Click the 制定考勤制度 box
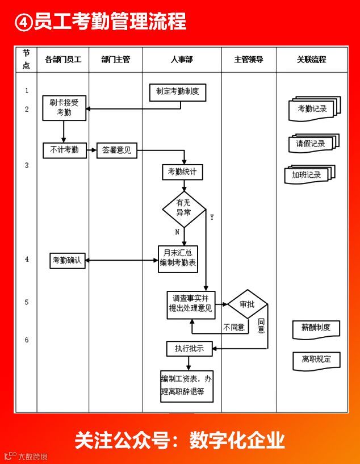coord(177,92)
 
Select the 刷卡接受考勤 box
coord(64,108)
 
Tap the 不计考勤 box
coord(64,151)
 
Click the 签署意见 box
coord(117,151)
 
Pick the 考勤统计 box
coord(182,172)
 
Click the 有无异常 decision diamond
coord(183,208)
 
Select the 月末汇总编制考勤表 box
coord(178,258)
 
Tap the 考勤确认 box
coord(68,261)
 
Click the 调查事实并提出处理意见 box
coord(191,303)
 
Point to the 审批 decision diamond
coord(247,304)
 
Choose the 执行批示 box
coord(189,348)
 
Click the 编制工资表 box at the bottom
coord(187,386)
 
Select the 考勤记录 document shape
coord(313,109)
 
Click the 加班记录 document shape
coord(309,175)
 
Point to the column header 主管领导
coord(249,60)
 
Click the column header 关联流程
coord(312,60)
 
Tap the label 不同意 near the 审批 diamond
coord(233,328)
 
